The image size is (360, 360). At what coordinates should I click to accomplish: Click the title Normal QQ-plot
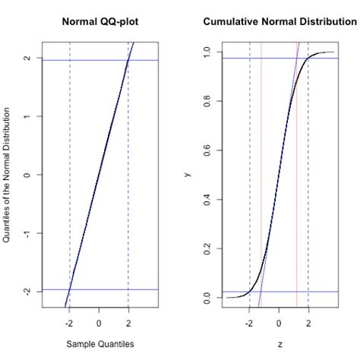point(99,21)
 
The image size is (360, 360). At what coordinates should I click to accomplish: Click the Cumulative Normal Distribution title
point(279,21)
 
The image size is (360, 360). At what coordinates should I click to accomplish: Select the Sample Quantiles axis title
point(99,344)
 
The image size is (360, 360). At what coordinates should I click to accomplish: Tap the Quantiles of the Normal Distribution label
point(7,175)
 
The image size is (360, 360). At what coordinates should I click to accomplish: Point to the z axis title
point(279,344)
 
